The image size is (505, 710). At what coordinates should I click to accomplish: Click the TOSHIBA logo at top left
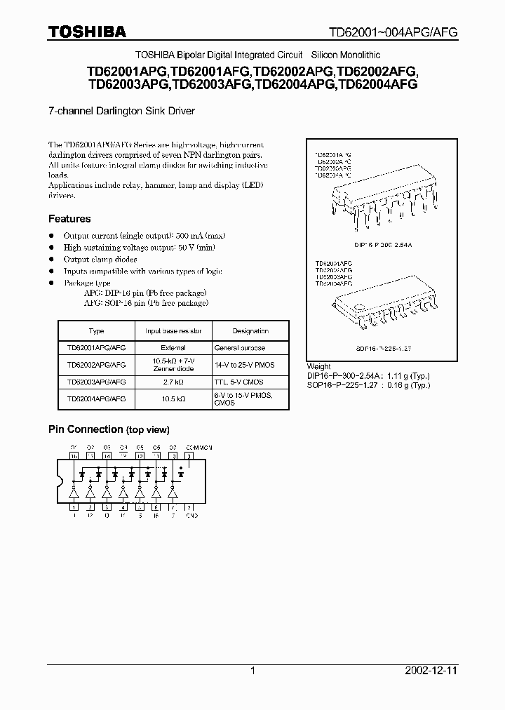87,32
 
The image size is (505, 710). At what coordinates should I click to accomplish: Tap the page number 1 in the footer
252,671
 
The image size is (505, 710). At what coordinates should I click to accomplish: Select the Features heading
69,219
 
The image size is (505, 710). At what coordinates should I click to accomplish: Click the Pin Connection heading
109,429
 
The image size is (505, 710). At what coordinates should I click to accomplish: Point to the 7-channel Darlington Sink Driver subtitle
121,111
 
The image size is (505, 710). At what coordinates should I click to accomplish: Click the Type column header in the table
97,330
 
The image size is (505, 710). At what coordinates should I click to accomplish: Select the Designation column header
250,330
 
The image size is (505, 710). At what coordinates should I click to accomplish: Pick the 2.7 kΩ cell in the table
174,381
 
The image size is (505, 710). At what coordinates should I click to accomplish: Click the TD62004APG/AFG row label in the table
97,398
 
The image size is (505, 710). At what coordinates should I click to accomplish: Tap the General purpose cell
240,347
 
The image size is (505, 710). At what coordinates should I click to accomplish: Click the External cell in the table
174,347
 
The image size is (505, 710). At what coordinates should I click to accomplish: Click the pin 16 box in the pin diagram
74,455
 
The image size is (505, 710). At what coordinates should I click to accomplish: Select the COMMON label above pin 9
198,447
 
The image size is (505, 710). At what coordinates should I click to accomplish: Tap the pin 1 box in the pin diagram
74,507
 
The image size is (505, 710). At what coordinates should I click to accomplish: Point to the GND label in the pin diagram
191,516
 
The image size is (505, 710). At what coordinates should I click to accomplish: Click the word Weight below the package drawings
319,366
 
